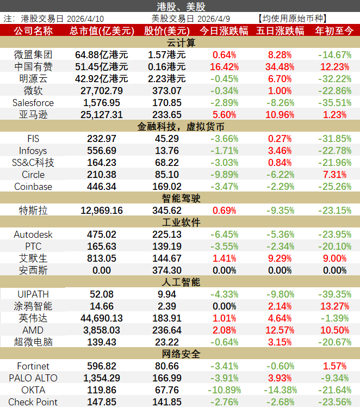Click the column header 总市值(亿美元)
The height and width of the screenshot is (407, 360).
click(102, 31)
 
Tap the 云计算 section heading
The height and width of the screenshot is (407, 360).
click(180, 42)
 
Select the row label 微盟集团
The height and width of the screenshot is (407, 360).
click(33, 54)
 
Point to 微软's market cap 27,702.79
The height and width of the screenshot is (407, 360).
click(102, 90)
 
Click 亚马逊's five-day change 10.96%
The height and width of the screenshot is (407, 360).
click(280, 114)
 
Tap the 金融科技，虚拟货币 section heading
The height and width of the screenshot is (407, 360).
click(180, 126)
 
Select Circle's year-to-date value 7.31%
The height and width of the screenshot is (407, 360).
click(334, 175)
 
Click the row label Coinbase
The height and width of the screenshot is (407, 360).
click(33, 187)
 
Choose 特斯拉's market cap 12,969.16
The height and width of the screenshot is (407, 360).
click(102, 210)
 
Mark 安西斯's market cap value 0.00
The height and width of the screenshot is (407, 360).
click(102, 270)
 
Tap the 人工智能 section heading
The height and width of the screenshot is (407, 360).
click(180, 282)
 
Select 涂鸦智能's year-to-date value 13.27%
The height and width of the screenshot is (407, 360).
click(334, 306)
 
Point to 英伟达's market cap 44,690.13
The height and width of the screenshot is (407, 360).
click(102, 318)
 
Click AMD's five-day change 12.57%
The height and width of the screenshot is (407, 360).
click(280, 330)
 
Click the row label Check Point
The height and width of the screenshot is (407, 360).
click(33, 402)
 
